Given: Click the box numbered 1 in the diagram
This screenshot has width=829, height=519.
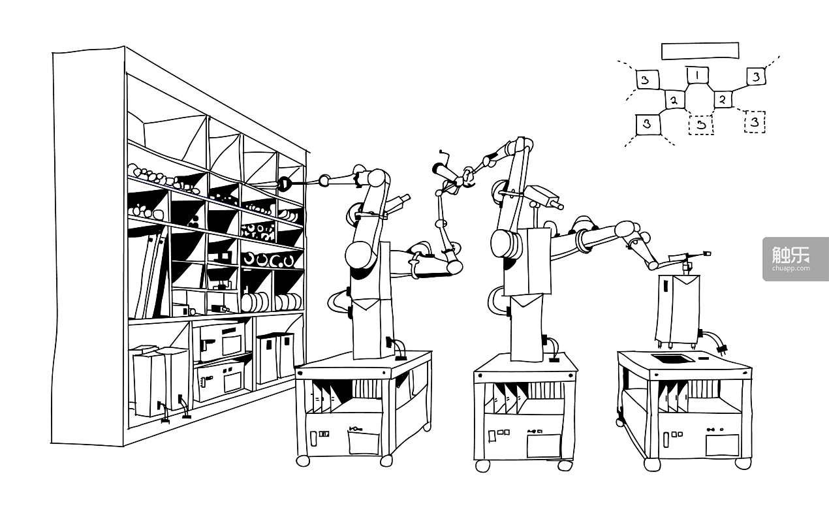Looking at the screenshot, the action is coord(697,75).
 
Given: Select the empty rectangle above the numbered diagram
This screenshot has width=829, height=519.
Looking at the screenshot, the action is coord(700,51).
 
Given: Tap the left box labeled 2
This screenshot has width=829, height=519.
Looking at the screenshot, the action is coord(674,101).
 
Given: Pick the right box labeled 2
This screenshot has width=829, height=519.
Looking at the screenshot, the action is coord(723,99).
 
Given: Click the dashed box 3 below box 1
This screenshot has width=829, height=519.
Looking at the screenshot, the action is coord(701,123).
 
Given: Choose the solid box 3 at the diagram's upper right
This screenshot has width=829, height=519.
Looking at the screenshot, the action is coord(755,76).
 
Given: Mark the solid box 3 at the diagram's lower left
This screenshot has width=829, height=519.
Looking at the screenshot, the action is coord(646,123).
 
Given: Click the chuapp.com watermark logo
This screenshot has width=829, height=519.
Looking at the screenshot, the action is coord(795,259).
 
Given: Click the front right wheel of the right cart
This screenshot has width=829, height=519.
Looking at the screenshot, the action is coord(742,462).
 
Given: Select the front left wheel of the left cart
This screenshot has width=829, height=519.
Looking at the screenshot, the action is coord(303,460).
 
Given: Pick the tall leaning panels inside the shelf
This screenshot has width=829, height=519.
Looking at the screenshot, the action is coord(149,274).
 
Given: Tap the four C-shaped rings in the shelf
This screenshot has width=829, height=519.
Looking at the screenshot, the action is coord(269,260).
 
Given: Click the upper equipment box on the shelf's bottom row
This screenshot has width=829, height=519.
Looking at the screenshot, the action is coord(221,339).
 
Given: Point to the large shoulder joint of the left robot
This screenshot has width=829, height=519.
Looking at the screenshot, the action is coord(358,254).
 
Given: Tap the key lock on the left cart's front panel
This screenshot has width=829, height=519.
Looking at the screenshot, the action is coord(355,428).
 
